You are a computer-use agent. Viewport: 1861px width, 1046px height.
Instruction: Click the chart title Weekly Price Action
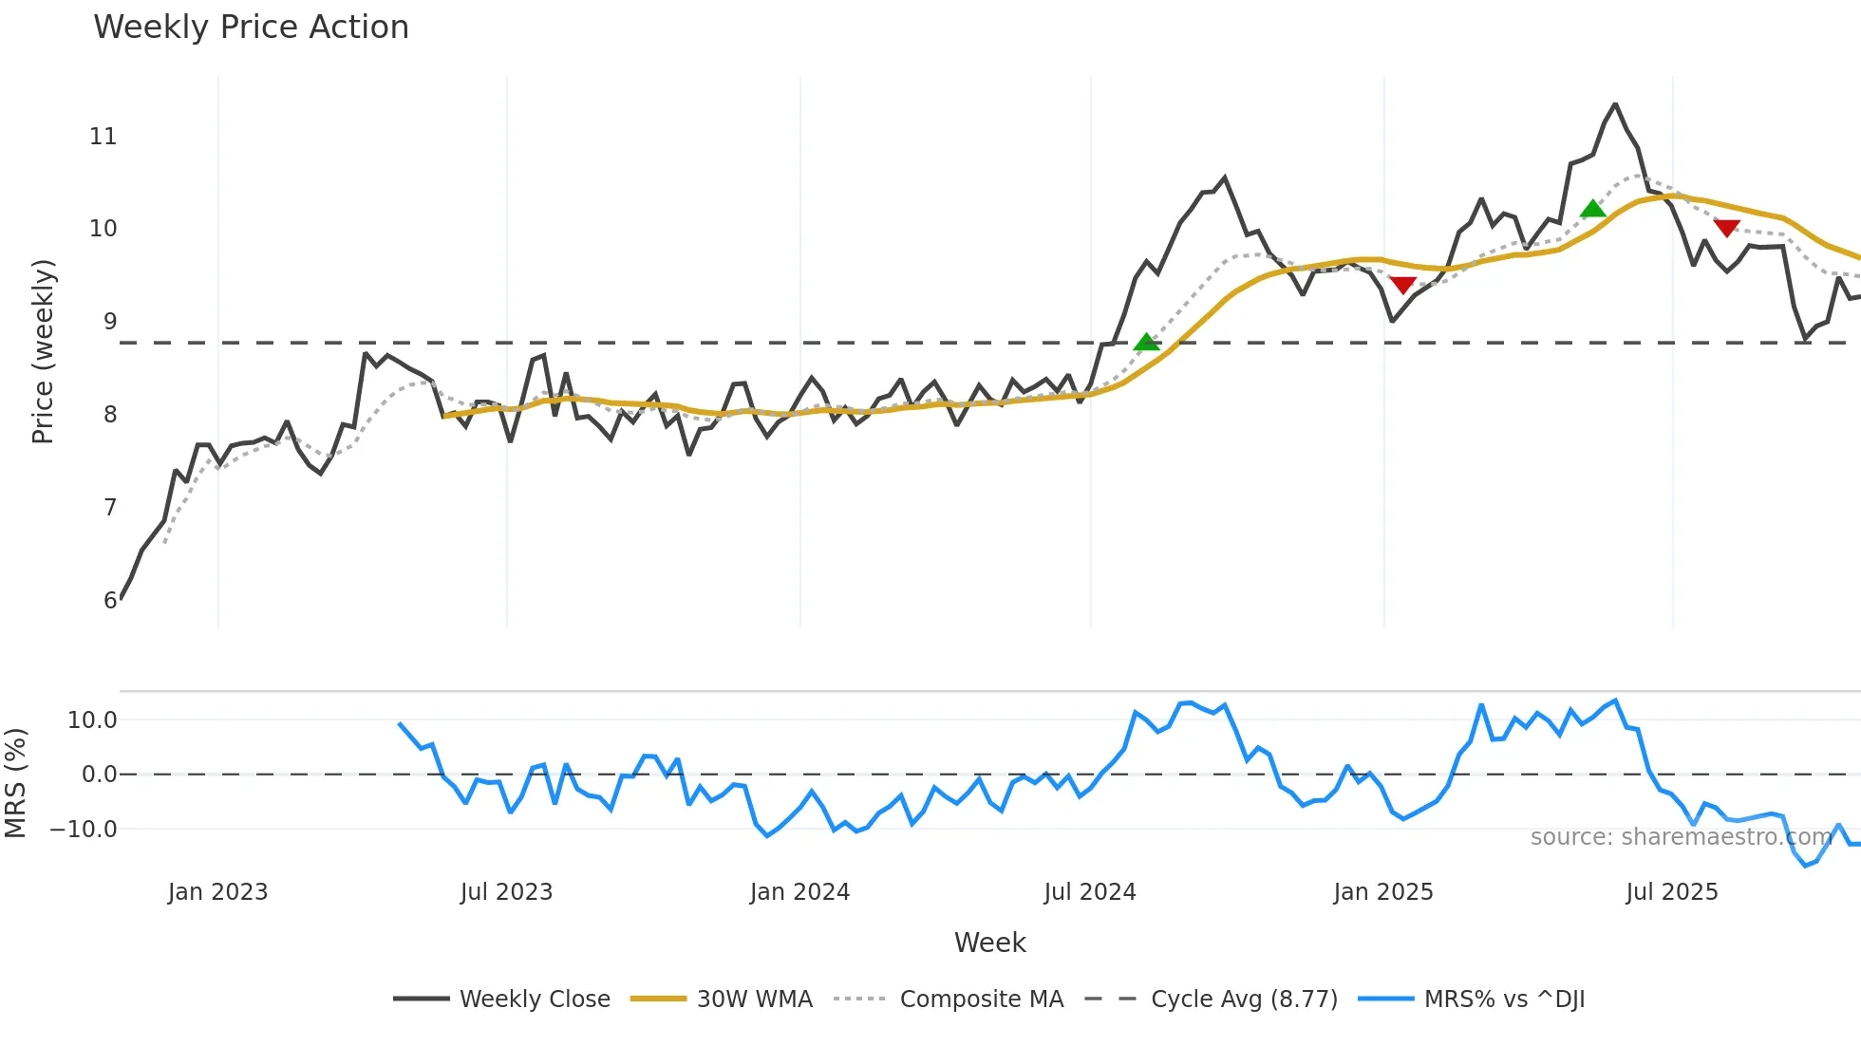251,28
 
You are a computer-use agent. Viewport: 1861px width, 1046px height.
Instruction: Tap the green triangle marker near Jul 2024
1147,342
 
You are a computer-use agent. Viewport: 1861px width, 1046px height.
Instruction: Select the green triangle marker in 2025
1593,209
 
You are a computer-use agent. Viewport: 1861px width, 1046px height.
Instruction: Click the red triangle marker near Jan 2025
1402,285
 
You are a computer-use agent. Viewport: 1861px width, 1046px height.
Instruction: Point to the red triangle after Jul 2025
1726,228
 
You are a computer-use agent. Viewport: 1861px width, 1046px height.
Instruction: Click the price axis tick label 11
103,137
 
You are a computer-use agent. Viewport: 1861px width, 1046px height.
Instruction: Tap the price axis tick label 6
110,600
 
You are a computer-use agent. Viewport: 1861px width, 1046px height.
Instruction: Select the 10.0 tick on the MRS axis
92,720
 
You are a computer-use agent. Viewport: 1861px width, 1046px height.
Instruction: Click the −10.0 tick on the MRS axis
84,830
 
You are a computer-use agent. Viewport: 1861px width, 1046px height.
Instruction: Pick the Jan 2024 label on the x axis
799,892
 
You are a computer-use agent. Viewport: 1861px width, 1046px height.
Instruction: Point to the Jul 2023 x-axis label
506,892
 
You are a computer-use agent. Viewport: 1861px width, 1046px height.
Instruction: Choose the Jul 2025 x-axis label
1672,892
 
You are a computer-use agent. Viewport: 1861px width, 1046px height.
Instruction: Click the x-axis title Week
989,943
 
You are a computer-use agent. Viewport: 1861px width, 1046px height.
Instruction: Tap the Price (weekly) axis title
44,351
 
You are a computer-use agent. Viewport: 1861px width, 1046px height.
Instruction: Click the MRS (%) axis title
15,783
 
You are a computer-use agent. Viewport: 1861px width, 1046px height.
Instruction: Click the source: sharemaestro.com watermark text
1681,837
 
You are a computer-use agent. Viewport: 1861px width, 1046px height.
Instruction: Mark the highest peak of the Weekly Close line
1615,104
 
